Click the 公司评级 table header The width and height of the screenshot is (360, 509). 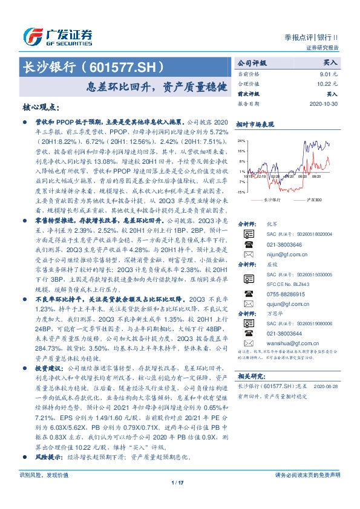252,62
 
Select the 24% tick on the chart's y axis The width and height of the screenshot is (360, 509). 241,140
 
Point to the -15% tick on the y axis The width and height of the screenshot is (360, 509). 241,192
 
